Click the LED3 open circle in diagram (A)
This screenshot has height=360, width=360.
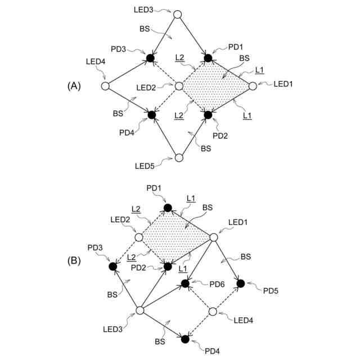pyautogui.click(x=178, y=14)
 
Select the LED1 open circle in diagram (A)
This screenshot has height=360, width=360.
pyautogui.click(x=253, y=86)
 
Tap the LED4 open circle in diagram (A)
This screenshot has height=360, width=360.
pyautogui.click(x=105, y=86)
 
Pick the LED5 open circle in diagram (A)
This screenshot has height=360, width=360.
pyautogui.click(x=179, y=157)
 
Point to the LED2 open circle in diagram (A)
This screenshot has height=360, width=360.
pyautogui.click(x=179, y=86)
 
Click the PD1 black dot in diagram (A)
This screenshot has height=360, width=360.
pyautogui.click(x=208, y=57)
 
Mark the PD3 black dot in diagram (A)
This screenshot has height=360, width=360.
pyautogui.click(x=150, y=57)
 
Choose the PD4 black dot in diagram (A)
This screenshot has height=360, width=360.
pyautogui.click(x=151, y=115)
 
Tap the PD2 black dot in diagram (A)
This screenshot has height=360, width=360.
pyautogui.click(x=208, y=115)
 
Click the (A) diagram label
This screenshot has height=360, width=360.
pyautogui.click(x=74, y=86)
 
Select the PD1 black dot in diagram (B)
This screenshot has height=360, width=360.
pyautogui.click(x=167, y=208)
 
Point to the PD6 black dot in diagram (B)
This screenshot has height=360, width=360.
pyautogui.click(x=184, y=283)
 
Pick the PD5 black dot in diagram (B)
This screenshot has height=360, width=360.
pyautogui.click(x=241, y=283)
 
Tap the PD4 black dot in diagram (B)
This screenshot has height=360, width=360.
pyautogui.click(x=184, y=339)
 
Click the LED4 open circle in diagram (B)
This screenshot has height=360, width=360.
pyautogui.click(x=213, y=311)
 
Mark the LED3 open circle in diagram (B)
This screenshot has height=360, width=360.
pyautogui.click(x=139, y=310)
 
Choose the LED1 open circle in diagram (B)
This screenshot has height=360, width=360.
pyautogui.click(x=213, y=237)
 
